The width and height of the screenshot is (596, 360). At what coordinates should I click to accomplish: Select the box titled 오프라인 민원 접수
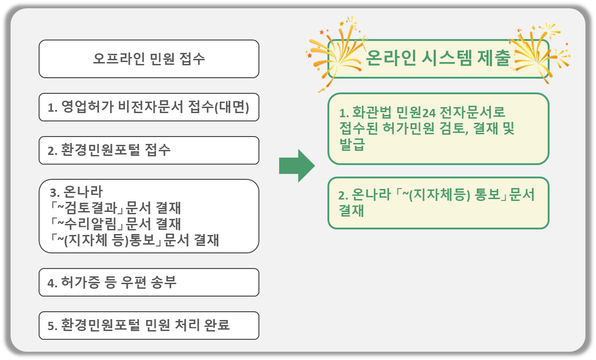[149, 59]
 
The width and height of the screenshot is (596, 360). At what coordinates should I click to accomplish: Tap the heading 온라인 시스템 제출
[438, 59]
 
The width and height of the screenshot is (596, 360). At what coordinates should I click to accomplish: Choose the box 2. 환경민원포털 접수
[149, 150]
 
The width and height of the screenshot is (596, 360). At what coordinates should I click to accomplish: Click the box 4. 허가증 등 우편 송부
[149, 282]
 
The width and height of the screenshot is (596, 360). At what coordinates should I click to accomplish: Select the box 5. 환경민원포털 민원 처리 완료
[149, 326]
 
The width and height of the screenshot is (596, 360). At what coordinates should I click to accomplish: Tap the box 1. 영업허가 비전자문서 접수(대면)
[149, 108]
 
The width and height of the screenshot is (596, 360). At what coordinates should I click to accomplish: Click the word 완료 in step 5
[217, 326]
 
